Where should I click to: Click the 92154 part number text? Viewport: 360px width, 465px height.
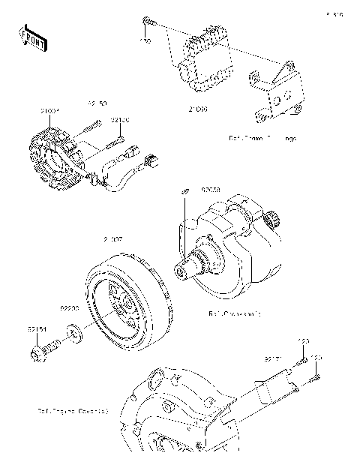(x=39, y=328)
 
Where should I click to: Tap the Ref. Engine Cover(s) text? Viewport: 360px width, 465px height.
(x=73, y=411)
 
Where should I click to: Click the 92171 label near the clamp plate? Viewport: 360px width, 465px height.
(x=271, y=359)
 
